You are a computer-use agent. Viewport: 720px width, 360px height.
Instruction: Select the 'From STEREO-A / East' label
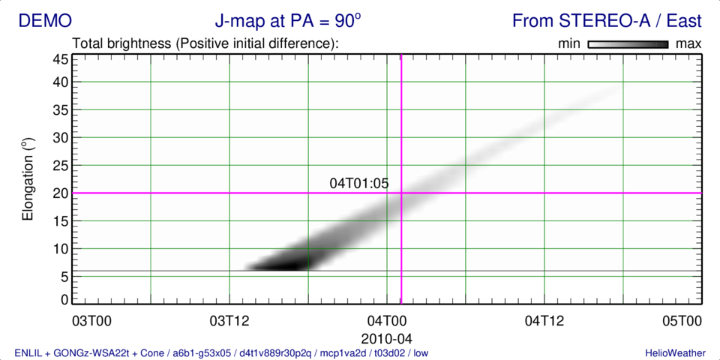click(x=607, y=21)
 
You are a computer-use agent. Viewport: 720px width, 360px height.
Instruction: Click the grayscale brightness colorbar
click(x=628, y=44)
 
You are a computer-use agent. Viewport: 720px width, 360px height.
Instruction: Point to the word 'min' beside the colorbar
click(x=570, y=44)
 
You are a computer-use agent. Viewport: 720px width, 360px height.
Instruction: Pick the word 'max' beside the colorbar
click(x=688, y=44)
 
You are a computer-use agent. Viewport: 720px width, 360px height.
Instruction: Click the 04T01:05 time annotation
click(x=359, y=183)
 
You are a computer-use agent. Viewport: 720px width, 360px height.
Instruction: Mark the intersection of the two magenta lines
click(x=401, y=193)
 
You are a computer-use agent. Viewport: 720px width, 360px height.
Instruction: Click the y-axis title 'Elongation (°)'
click(x=28, y=178)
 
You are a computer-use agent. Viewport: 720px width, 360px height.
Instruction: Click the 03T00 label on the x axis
click(x=91, y=322)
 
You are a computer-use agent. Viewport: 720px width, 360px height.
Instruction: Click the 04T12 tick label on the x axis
click(x=543, y=322)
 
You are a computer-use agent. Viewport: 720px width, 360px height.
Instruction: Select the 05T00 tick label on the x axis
click(x=682, y=322)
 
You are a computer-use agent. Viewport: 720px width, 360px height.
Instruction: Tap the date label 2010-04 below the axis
click(x=386, y=338)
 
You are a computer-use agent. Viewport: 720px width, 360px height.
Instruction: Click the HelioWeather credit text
click(x=673, y=352)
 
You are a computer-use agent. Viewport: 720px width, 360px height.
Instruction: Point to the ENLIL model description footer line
click(x=222, y=352)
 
